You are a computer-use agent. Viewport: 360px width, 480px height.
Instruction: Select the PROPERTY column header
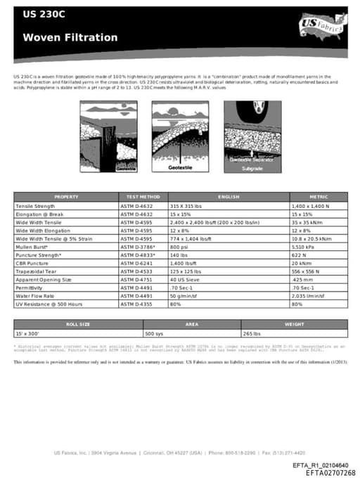point(66,197)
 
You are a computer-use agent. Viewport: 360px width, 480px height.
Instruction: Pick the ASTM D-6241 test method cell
point(138,263)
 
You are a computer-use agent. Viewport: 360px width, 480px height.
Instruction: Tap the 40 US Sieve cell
point(185,279)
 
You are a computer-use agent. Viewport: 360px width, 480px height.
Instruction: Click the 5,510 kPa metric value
point(304,248)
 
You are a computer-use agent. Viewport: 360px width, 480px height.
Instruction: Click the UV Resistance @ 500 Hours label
point(49,304)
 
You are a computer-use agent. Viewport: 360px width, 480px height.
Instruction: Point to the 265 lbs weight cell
point(252,333)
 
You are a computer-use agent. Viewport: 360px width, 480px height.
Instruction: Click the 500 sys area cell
point(155,333)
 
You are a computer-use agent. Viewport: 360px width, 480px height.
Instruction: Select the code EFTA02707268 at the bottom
point(330,473)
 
